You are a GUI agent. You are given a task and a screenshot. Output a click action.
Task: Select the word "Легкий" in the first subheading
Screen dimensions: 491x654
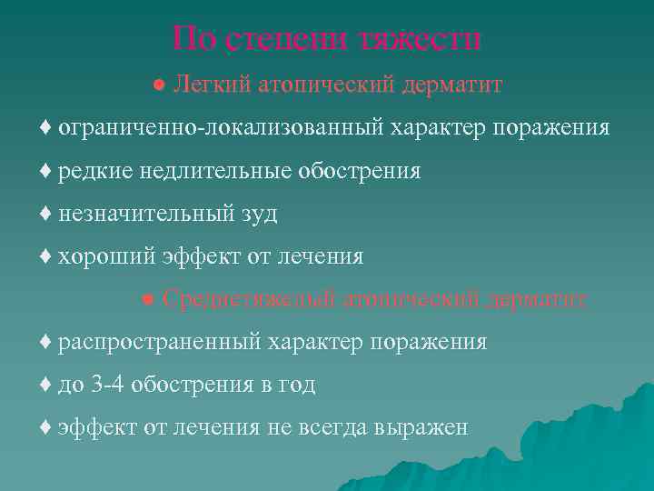213,85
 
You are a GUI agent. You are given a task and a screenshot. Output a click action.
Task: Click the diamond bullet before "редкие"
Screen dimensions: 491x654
46,171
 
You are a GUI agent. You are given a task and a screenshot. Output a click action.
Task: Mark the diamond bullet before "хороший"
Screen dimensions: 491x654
46,256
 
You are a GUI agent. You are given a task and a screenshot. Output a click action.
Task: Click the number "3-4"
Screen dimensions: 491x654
108,385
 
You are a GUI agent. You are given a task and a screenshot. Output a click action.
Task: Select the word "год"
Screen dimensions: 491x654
296,386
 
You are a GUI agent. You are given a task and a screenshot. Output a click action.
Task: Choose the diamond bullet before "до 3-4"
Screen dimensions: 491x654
46,385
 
